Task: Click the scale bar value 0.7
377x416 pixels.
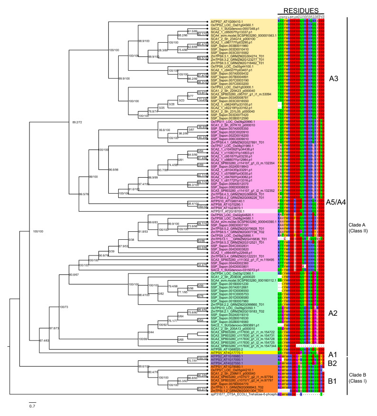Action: (31, 407)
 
